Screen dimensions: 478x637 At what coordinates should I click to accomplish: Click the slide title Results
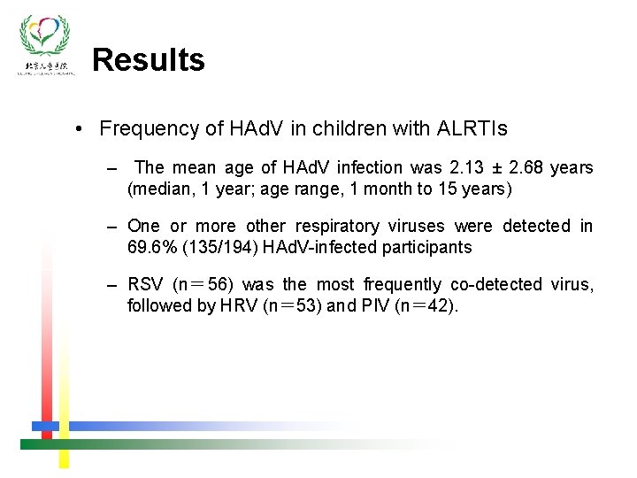(x=149, y=60)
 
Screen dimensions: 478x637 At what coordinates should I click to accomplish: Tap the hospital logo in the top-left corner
(x=46, y=44)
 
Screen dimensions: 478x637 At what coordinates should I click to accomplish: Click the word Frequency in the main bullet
(x=150, y=128)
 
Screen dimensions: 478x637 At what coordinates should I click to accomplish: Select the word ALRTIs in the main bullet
(x=472, y=128)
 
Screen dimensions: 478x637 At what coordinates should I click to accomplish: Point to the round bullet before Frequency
(x=80, y=129)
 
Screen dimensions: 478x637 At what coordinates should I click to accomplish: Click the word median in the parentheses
(x=163, y=189)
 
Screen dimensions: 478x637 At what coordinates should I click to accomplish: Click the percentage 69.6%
(x=151, y=247)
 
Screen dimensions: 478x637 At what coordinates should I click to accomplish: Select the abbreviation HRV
(x=239, y=305)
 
